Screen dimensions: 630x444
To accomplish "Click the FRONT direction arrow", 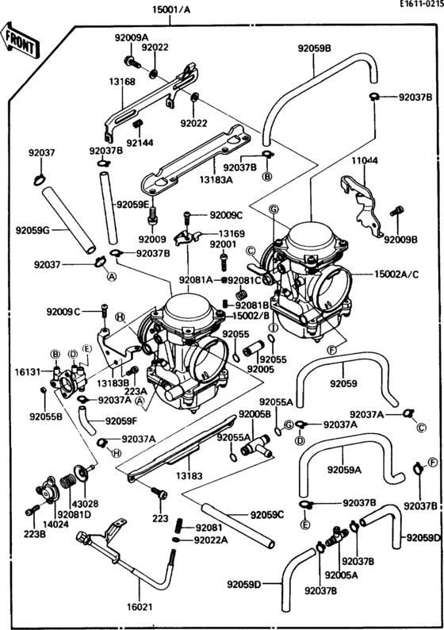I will point(21,41).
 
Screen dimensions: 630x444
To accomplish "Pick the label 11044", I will point(365,161).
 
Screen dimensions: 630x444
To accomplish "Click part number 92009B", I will point(400,238).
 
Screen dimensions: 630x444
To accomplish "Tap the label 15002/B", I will point(251,316).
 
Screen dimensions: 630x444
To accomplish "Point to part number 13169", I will point(232,234).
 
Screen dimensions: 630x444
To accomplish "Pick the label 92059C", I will point(266,515).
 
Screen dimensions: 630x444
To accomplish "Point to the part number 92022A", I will point(211,540).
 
